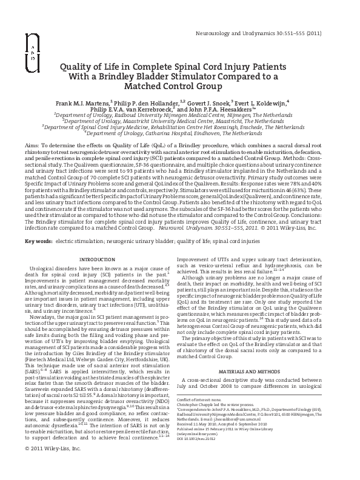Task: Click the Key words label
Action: [x=38, y=242]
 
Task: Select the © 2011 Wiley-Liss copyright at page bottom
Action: [x=52, y=465]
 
